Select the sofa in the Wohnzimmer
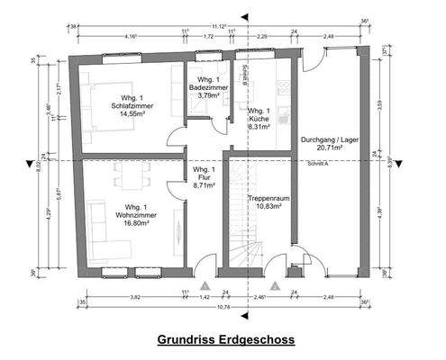[x=96, y=220]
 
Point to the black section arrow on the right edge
[x=398, y=163]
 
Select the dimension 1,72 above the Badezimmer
[x=208, y=37]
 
